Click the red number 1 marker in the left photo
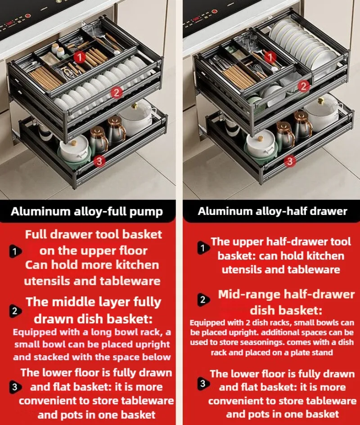[80, 57]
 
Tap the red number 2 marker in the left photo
[116, 93]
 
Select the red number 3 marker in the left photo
[100, 160]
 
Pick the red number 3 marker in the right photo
[290, 160]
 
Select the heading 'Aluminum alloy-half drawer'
[272, 211]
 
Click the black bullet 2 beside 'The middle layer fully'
[14, 311]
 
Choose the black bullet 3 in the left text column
[14, 387]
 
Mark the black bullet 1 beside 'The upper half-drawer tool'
[203, 248]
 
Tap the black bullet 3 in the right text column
[203, 384]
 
